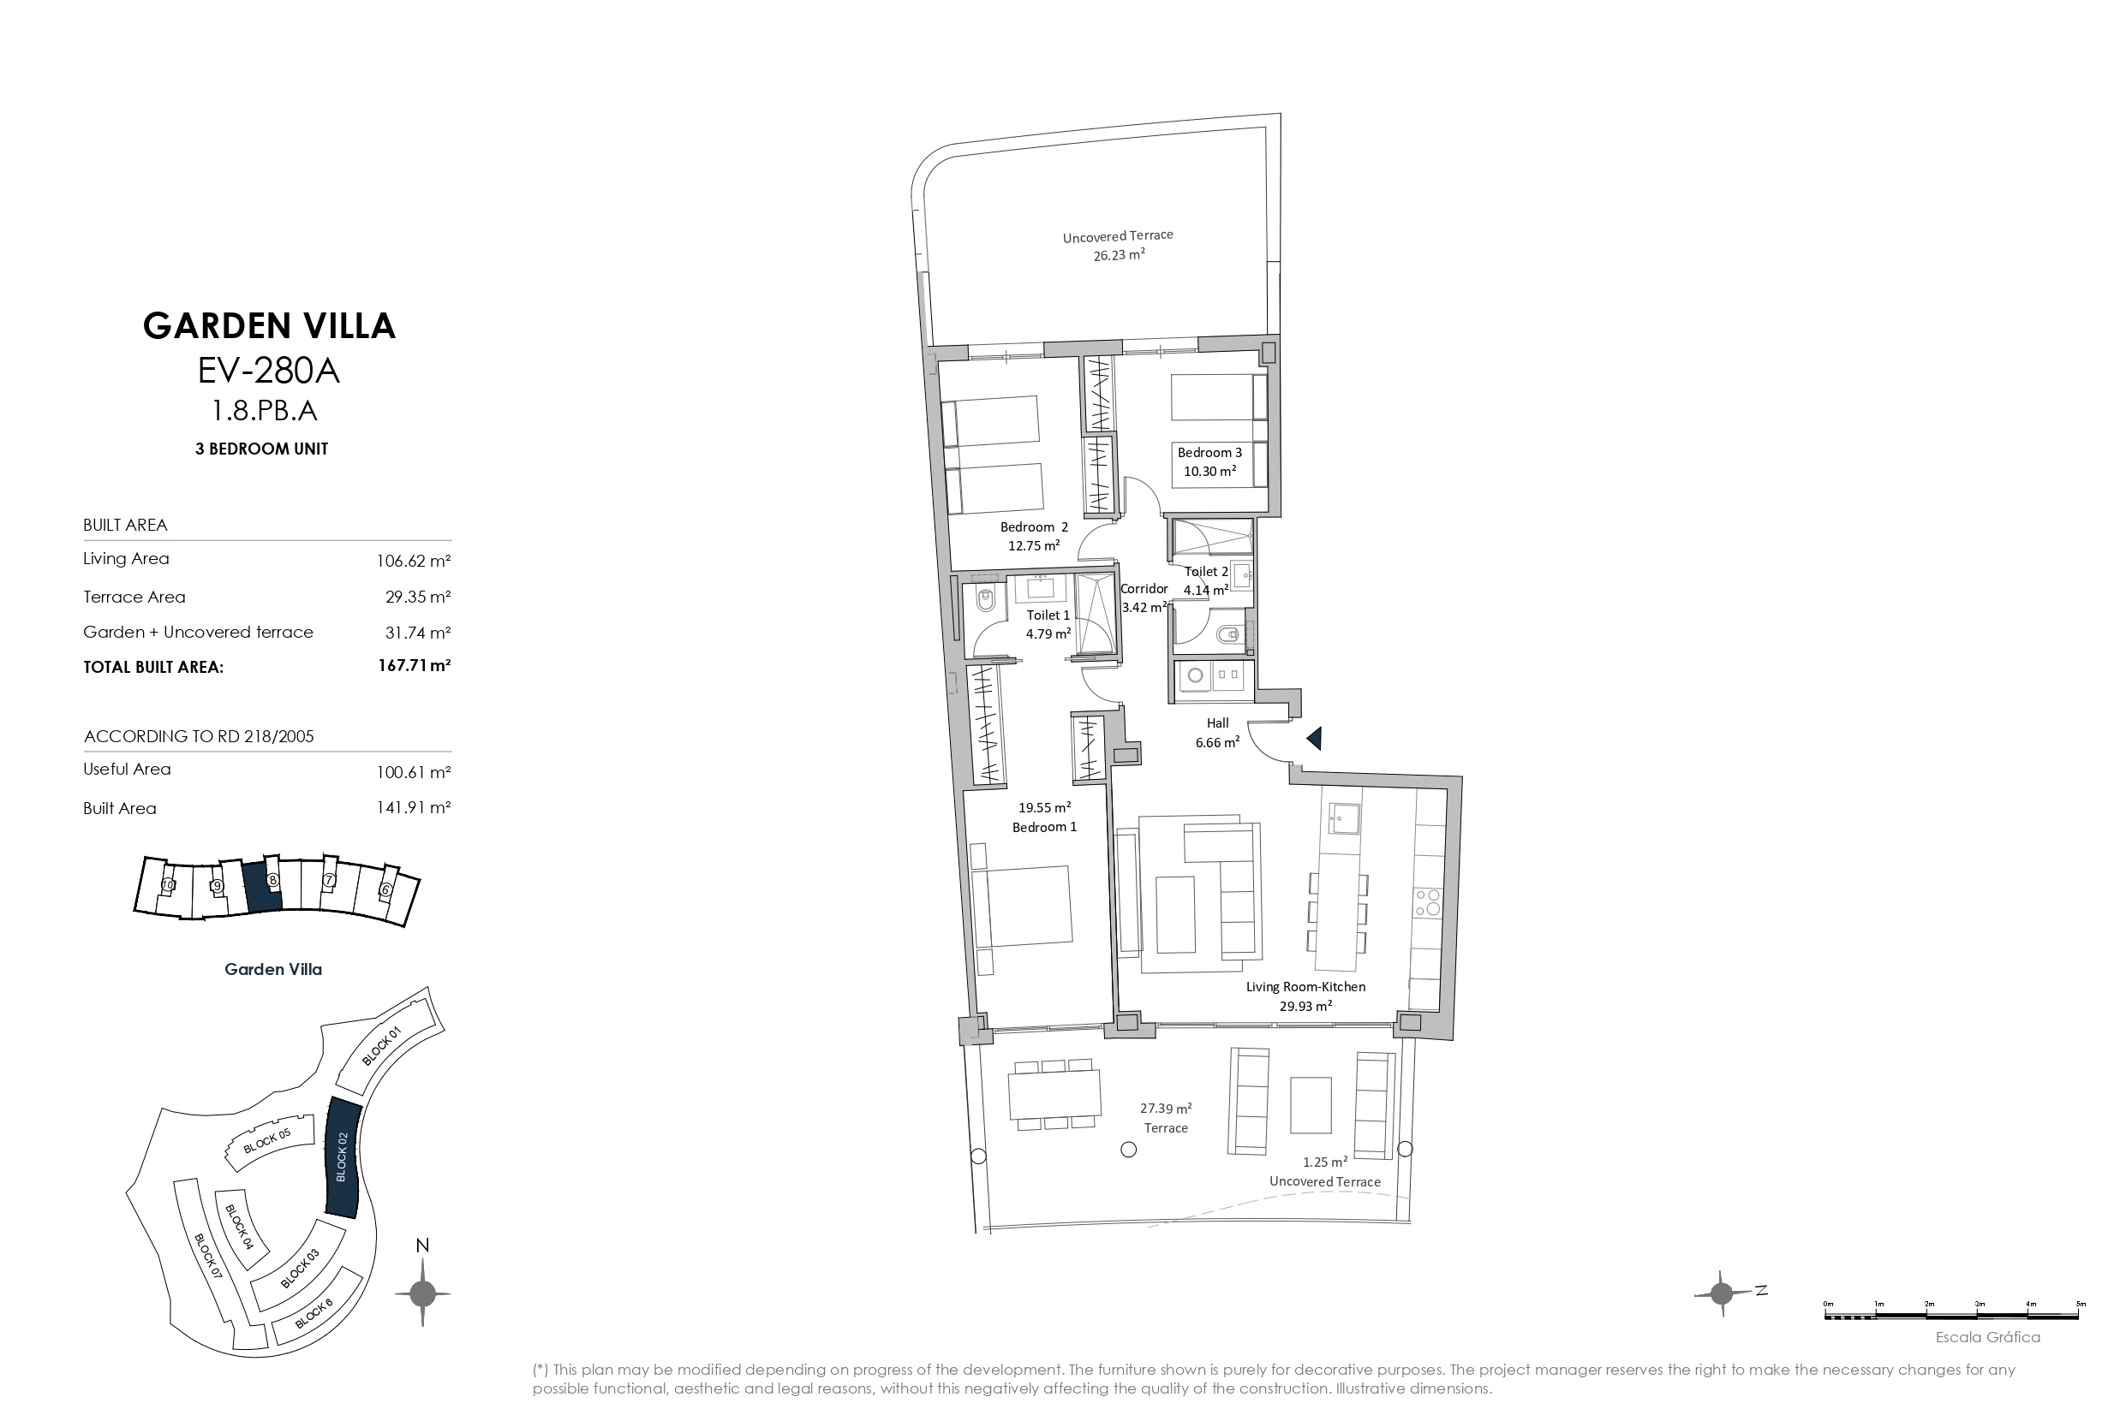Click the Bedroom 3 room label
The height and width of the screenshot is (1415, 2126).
click(x=1209, y=452)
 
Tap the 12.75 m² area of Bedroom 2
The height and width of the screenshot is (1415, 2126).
click(x=1034, y=545)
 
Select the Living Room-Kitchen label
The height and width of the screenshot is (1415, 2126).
click(x=1305, y=986)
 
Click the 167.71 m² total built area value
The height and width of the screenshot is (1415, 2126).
click(x=415, y=666)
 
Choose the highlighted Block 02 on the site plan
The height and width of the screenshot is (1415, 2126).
click(x=342, y=1156)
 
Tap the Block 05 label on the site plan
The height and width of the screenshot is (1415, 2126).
click(x=267, y=1142)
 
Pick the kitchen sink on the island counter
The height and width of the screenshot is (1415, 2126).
click(x=1343, y=818)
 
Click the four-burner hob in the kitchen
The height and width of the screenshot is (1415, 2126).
click(x=1427, y=903)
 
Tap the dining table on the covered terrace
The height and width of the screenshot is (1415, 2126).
click(x=1054, y=1094)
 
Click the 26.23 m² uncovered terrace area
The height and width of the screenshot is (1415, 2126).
click(x=1120, y=254)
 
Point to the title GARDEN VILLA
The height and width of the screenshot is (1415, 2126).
click(x=269, y=326)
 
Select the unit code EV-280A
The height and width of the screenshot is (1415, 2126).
click(x=268, y=370)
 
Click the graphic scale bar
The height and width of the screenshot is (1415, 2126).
click(x=1953, y=1316)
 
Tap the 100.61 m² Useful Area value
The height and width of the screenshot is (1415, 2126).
click(x=414, y=771)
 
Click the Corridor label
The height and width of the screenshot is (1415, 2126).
click(x=1144, y=588)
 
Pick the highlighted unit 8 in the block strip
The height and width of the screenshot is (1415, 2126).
click(x=263, y=884)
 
